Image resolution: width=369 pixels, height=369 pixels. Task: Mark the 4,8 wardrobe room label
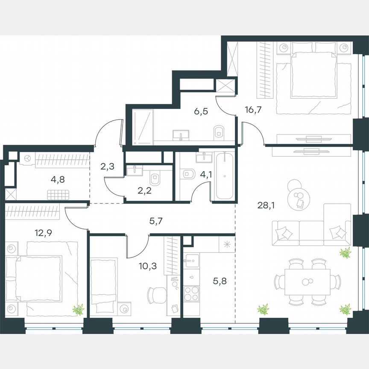coord(58,179)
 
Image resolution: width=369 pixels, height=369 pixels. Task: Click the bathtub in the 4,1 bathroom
coord(224,177)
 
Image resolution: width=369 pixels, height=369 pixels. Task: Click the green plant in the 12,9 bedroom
coord(78,309)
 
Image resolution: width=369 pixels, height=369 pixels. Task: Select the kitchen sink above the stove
coord(192,260)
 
